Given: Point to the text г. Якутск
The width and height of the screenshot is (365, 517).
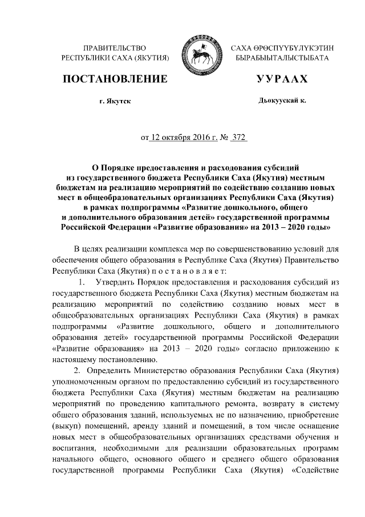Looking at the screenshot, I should (x=115, y=101).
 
